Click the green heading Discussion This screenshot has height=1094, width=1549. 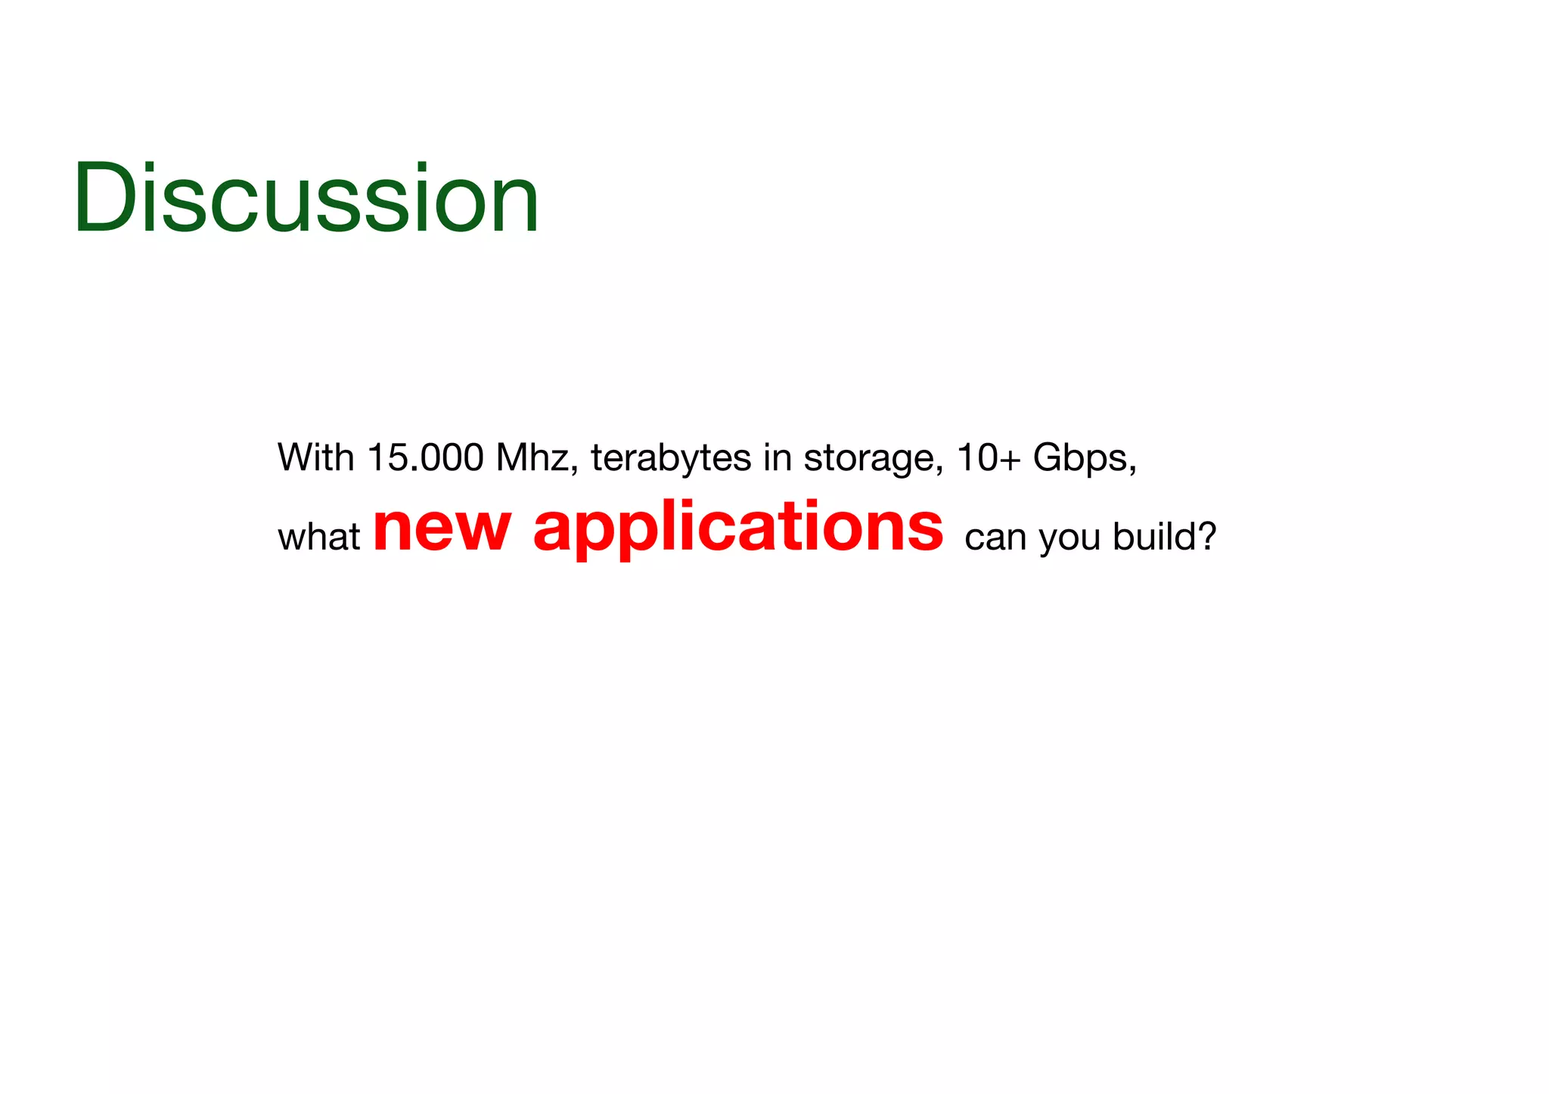click(x=306, y=198)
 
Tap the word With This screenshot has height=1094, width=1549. click(x=315, y=457)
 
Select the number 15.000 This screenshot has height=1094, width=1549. click(x=425, y=457)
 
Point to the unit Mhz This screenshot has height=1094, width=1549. click(x=532, y=457)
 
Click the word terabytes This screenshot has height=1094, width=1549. click(x=671, y=457)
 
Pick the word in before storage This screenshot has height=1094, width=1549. click(x=777, y=457)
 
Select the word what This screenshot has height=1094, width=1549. click(x=318, y=537)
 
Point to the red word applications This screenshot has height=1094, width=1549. click(x=738, y=528)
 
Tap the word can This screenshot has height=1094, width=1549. click(x=995, y=538)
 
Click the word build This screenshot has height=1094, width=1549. click(x=1153, y=536)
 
